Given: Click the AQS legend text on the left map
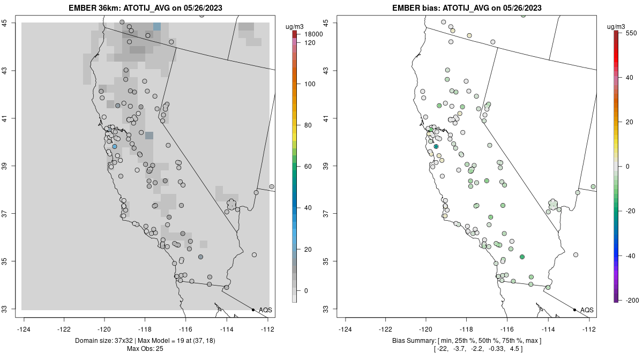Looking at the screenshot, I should (x=265, y=310).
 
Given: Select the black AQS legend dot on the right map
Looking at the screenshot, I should (x=574, y=310).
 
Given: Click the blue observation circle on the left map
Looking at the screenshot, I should (x=115, y=146).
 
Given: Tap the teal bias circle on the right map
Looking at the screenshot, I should (x=436, y=146).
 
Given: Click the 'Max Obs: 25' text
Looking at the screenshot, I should (x=145, y=349).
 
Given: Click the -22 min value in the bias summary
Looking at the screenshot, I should (x=440, y=349).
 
